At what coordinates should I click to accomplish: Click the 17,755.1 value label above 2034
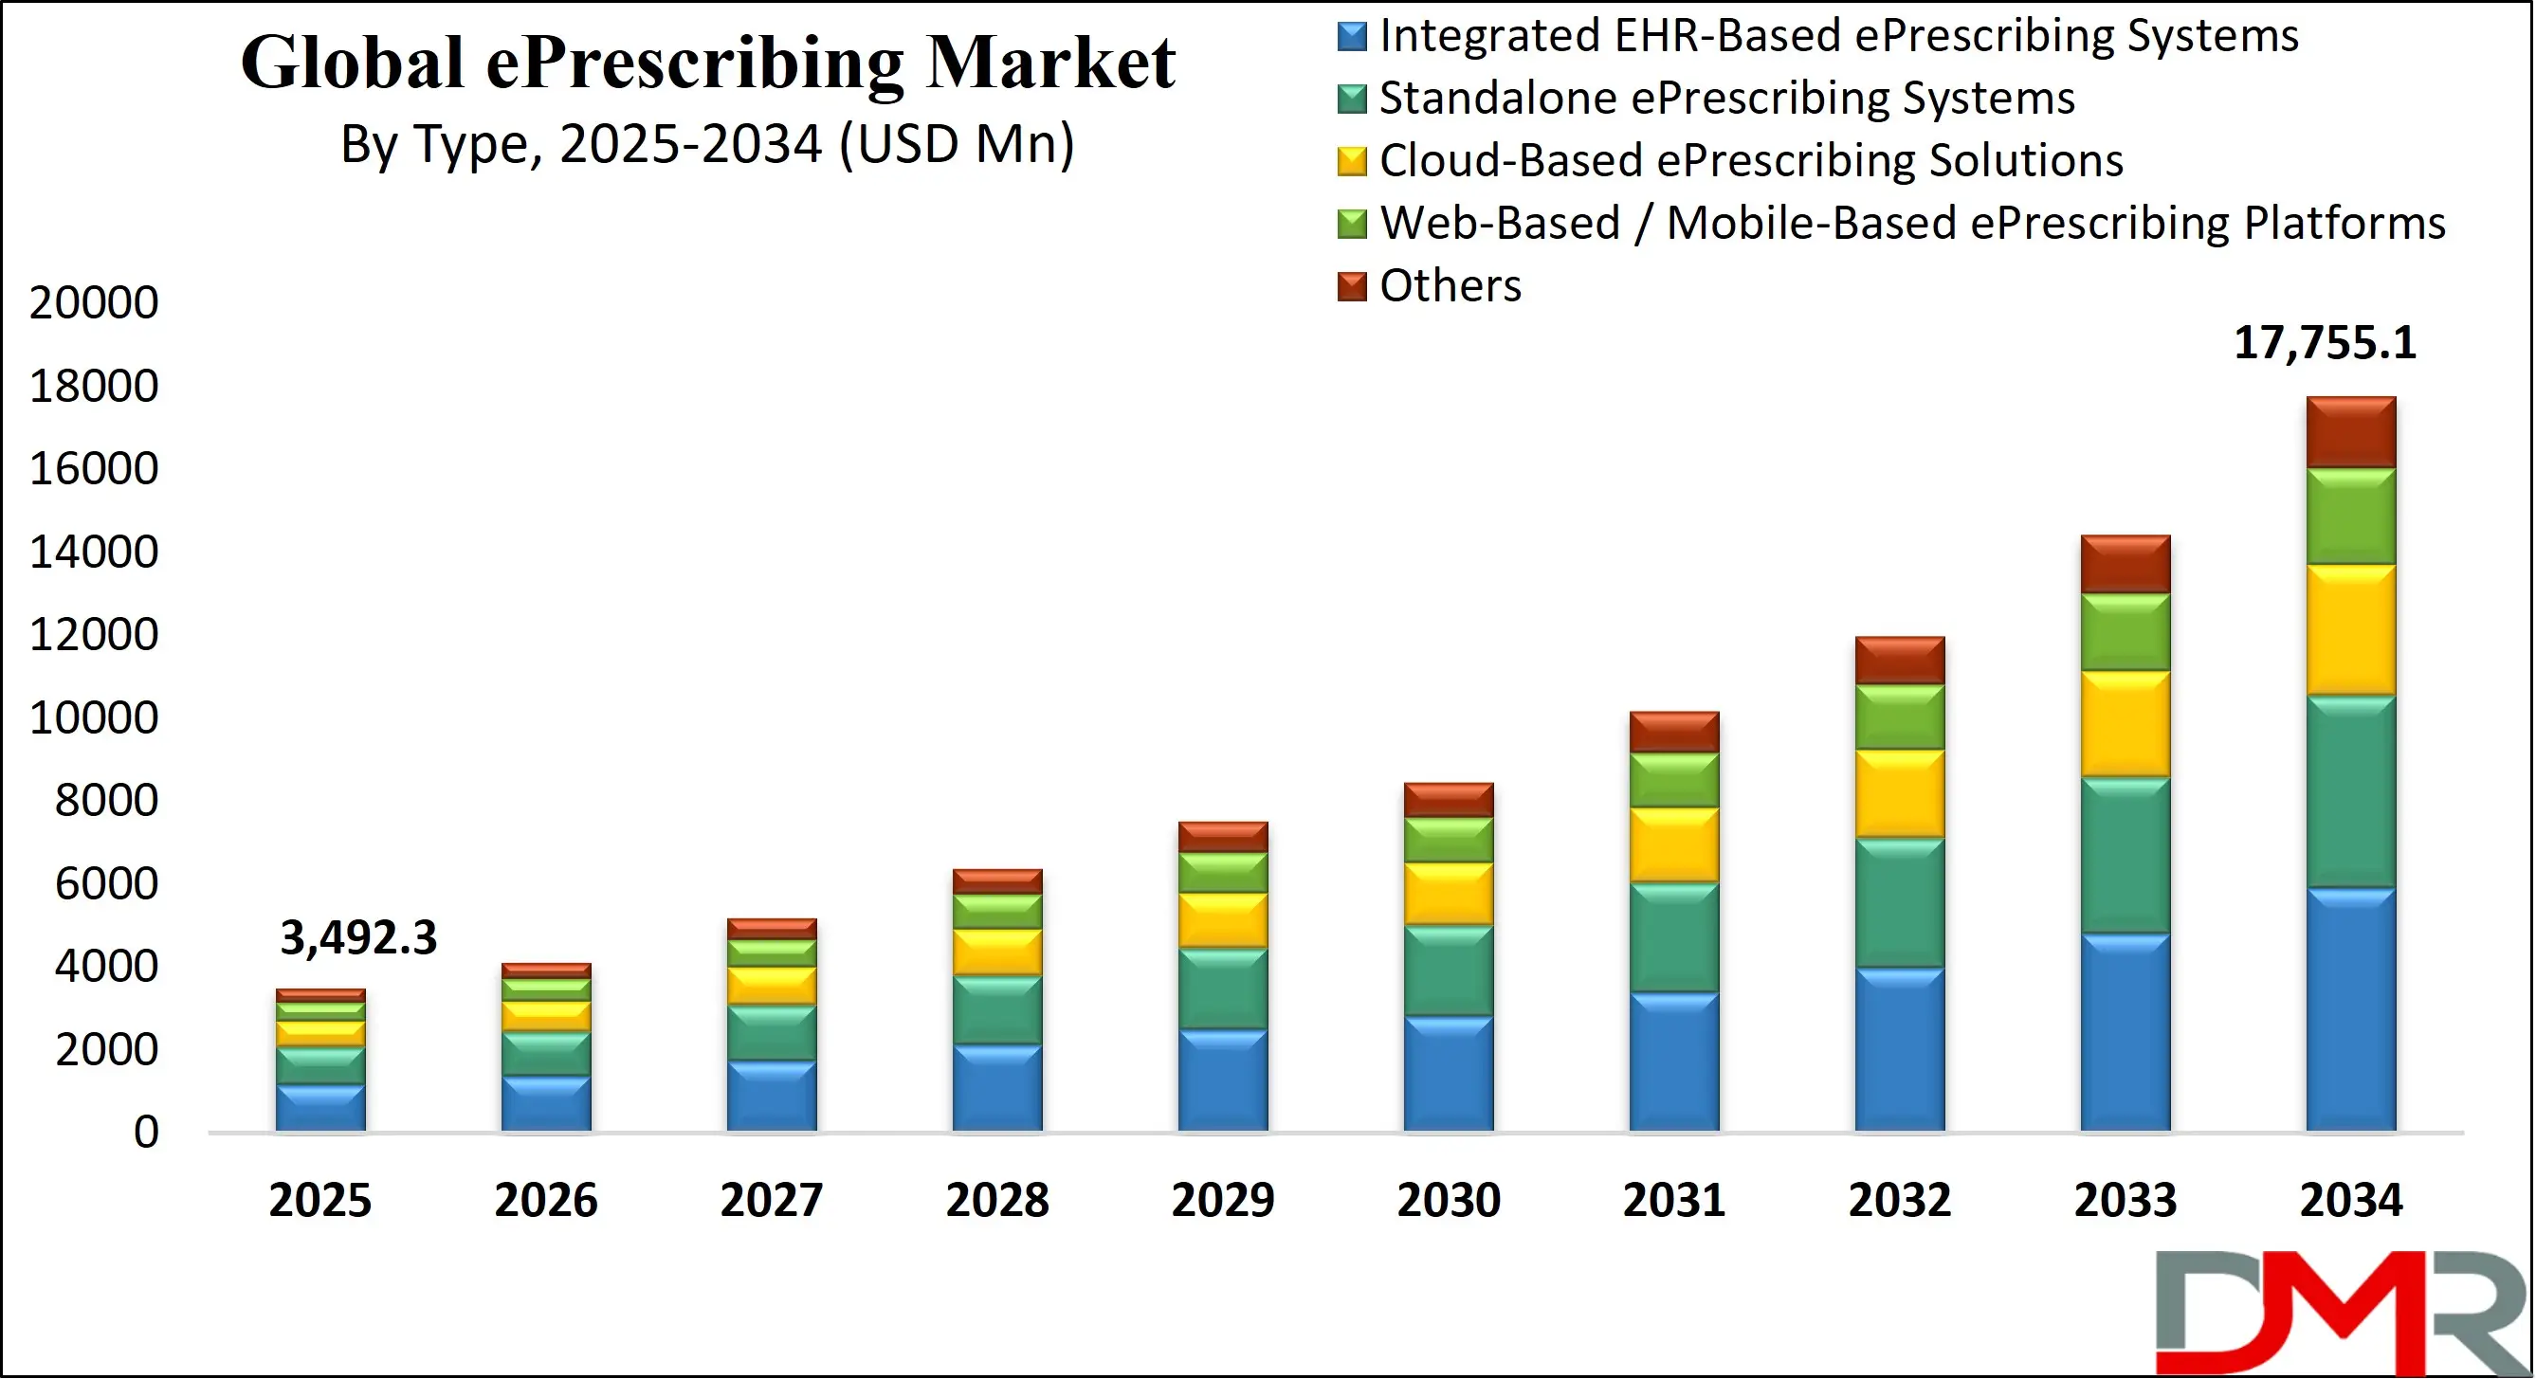[x=2324, y=343]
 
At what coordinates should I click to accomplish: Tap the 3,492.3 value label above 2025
[x=358, y=938]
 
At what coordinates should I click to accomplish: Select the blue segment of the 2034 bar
[x=2350, y=1009]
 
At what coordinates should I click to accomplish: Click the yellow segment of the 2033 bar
[x=2125, y=723]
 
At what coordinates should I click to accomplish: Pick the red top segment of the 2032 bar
[x=1899, y=661]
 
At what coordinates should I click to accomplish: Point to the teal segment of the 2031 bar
[x=1673, y=937]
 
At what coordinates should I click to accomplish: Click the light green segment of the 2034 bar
[x=2350, y=516]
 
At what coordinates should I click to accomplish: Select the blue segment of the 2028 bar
[x=996, y=1088]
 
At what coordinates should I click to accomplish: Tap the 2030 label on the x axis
[x=1449, y=1201]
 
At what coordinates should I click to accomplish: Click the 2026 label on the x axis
[x=545, y=1201]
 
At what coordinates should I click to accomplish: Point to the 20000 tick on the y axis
[x=94, y=302]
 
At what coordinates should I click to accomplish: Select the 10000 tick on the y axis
[x=94, y=717]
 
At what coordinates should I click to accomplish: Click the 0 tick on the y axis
[x=146, y=1133]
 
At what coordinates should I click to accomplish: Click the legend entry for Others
[x=1450, y=286]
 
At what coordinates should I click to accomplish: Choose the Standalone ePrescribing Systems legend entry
[x=1725, y=99]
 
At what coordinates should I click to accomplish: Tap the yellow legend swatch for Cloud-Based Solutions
[x=1352, y=161]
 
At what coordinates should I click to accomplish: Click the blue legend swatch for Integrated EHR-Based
[x=1352, y=36]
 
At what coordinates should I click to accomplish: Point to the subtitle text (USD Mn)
[x=956, y=145]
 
